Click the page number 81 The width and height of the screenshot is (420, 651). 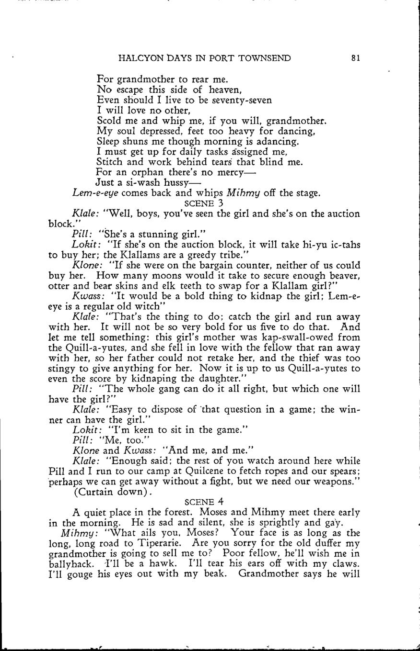click(x=355, y=58)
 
